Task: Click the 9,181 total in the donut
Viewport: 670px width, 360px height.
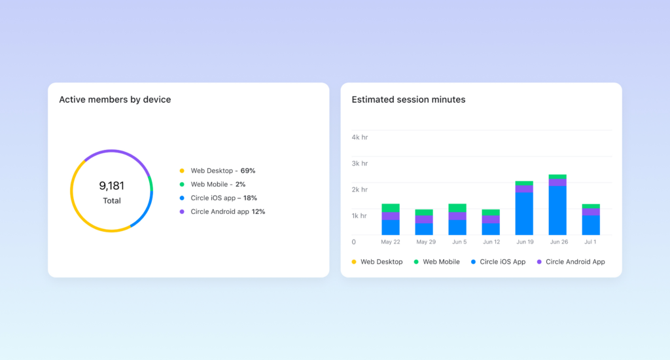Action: [x=111, y=185]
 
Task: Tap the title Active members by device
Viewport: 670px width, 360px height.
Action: [x=115, y=99]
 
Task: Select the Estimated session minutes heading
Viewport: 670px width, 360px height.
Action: [x=408, y=99]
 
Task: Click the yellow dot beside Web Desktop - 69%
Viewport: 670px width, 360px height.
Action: [x=182, y=171]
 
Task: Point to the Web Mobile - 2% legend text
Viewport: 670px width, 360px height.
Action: [x=218, y=185]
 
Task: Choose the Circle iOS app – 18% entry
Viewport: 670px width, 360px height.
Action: [x=224, y=198]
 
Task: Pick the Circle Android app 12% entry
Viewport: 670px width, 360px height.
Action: [x=228, y=211]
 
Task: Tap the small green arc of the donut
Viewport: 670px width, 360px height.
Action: [x=151, y=184]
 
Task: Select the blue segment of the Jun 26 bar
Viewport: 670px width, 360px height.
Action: [x=557, y=210]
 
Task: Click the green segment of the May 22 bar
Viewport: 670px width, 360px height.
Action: [x=391, y=207]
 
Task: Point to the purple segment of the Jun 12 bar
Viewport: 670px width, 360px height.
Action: [x=491, y=219]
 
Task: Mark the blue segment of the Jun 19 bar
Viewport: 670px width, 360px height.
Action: [x=524, y=214]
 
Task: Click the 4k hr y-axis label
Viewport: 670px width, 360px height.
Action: [x=360, y=137]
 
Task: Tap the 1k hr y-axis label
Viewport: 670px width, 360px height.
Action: [x=359, y=216]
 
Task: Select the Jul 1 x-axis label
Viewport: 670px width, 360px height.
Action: [x=590, y=242]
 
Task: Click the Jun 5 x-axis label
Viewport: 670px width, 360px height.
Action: [x=459, y=242]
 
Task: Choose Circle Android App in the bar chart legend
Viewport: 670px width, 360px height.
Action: [x=575, y=262]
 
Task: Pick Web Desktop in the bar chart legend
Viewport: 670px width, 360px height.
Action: [x=381, y=262]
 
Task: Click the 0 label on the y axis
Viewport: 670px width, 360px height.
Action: [x=354, y=242]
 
